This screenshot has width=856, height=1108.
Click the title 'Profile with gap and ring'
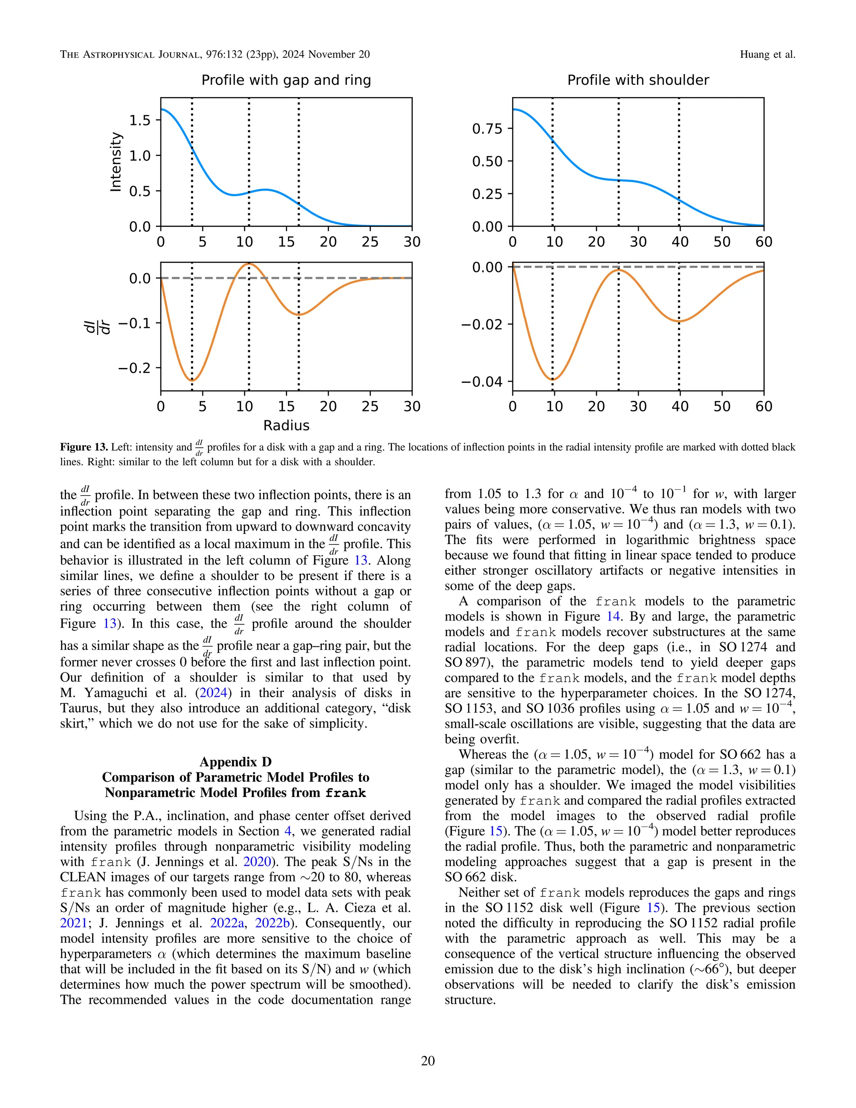coord(286,80)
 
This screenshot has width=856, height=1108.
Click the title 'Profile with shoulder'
coord(637,80)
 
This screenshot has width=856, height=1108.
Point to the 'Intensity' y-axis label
coord(116,162)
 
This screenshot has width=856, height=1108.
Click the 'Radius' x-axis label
coord(286,425)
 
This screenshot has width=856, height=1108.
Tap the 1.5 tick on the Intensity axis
coord(140,120)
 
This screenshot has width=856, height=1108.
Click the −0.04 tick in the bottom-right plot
coord(481,381)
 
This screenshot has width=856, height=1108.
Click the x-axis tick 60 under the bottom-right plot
coord(764,406)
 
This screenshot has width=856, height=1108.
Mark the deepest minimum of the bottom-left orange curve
coord(192,380)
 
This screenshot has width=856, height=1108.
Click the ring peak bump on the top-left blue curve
coord(266,190)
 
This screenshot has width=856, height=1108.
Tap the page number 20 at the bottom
coord(428,1060)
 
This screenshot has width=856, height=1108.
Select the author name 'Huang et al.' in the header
coord(767,54)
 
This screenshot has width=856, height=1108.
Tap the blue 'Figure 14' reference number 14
coord(613,616)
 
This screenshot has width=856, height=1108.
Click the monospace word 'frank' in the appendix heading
coord(345,793)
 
